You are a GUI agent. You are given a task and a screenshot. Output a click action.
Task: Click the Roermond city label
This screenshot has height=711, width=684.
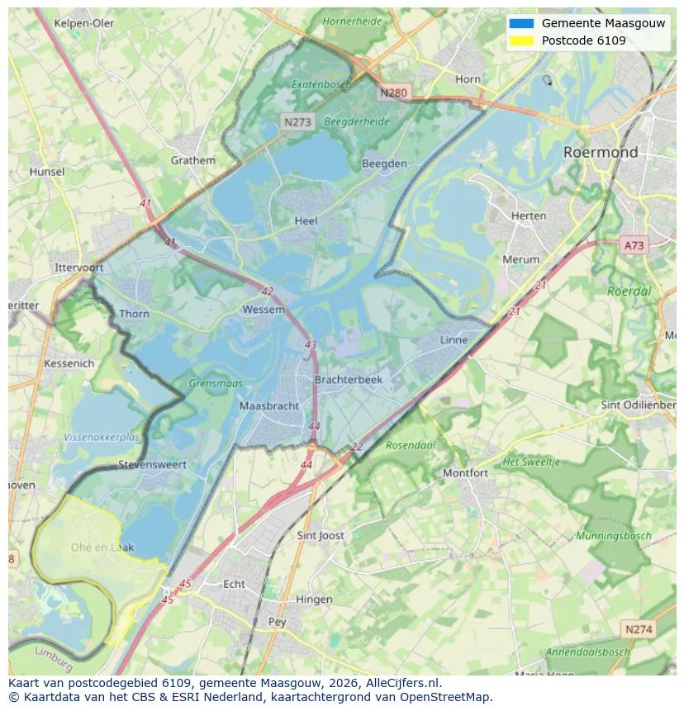click(601, 152)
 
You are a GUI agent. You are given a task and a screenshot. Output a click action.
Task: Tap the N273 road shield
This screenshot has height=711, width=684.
click(297, 121)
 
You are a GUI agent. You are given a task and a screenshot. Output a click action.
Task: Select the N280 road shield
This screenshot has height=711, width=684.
click(393, 92)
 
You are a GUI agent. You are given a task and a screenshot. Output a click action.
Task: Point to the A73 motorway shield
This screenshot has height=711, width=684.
click(634, 245)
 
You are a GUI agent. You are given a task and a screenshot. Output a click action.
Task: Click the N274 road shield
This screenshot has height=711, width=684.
click(639, 629)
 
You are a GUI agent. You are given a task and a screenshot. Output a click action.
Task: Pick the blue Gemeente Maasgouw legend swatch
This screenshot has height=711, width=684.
click(522, 23)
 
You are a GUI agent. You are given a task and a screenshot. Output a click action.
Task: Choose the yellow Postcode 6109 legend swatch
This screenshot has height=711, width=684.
click(522, 40)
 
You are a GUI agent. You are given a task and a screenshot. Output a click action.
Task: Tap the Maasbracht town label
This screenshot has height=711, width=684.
click(268, 406)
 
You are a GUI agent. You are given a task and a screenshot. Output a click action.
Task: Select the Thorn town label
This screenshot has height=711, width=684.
click(134, 314)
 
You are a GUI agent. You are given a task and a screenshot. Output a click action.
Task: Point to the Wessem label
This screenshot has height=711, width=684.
click(264, 310)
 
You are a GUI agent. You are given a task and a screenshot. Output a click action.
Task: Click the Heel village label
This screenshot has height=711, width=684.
click(306, 221)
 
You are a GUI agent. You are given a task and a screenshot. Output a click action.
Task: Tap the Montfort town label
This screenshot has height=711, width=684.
click(465, 473)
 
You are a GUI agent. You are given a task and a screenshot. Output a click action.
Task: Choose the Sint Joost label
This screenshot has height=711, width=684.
click(321, 535)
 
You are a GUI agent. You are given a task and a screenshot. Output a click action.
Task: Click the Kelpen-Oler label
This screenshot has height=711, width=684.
click(84, 23)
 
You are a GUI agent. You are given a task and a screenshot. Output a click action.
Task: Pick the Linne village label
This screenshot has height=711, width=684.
click(454, 339)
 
